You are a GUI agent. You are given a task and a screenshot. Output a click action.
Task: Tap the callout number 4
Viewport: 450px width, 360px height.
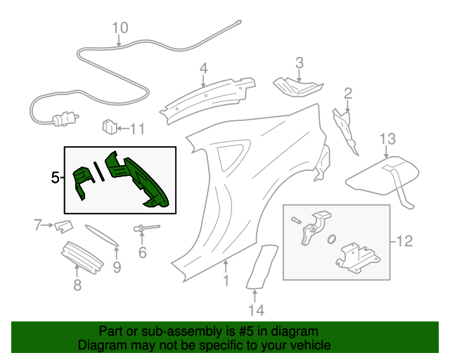click(x=203, y=68)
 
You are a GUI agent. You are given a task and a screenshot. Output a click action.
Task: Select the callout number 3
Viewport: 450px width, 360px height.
click(x=299, y=63)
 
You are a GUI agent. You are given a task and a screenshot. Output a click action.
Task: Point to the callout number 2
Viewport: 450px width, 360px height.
click(x=348, y=93)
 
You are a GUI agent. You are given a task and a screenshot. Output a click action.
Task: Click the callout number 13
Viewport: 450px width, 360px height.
click(x=388, y=138)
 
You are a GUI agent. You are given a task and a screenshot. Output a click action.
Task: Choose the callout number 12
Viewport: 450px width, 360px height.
click(x=404, y=242)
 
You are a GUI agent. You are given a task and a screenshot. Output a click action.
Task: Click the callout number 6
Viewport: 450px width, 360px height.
click(x=142, y=252)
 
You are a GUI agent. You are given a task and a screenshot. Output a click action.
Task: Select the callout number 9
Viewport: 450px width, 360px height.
click(x=117, y=266)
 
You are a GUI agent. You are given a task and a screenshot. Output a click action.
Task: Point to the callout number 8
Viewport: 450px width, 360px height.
click(x=77, y=284)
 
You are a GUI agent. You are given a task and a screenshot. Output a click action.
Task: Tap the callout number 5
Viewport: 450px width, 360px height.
click(x=56, y=178)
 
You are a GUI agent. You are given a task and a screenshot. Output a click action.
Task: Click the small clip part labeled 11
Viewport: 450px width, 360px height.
click(x=110, y=127)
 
